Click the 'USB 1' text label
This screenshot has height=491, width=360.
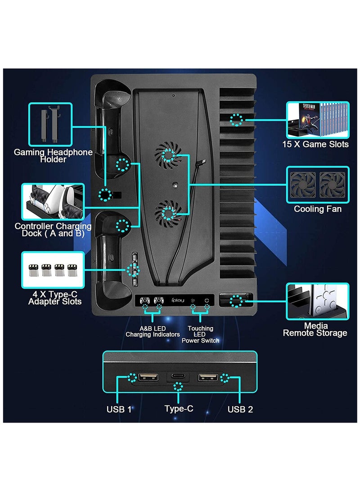(119, 409)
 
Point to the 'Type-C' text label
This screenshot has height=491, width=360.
(179, 409)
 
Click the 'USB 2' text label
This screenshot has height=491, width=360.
(239, 409)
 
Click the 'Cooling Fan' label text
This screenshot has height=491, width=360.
(317, 209)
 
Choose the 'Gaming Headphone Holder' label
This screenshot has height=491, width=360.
(53, 156)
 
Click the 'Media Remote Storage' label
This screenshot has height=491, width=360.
(315, 329)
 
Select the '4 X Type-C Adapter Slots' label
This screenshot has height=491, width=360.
(55, 297)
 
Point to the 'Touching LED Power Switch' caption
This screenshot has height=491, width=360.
(200, 334)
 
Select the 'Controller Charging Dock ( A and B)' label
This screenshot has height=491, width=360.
(53, 230)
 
